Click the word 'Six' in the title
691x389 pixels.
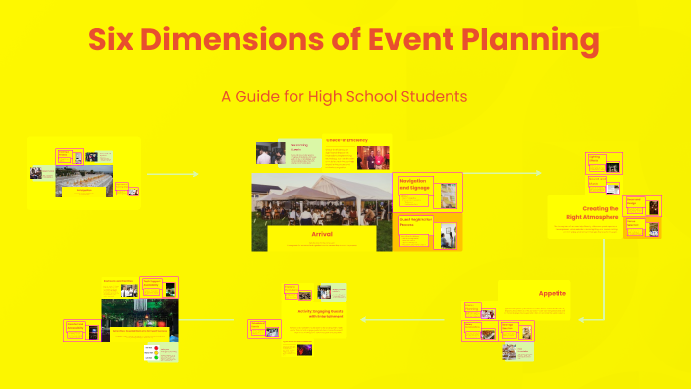tap(116, 41)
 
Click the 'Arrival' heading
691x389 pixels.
tap(322, 236)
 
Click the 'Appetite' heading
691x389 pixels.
tap(552, 293)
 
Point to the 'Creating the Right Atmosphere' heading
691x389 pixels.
tap(600, 213)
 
